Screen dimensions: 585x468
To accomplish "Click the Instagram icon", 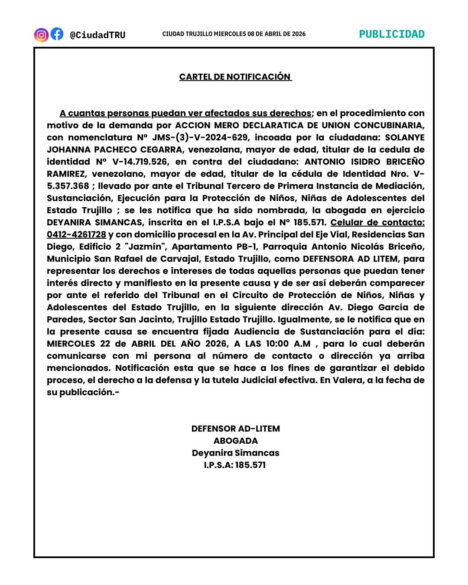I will (x=41, y=35).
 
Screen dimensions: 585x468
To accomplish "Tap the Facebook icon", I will (x=57, y=34).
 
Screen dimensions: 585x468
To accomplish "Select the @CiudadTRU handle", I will (x=97, y=35).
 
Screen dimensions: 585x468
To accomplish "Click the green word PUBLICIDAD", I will (x=392, y=34).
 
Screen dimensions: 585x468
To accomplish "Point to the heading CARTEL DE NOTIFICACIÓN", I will (x=235, y=77).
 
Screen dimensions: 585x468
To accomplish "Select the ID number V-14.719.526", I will (x=140, y=162).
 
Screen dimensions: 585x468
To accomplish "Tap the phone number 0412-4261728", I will (x=77, y=234).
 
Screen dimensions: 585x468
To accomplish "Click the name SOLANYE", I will (x=405, y=137).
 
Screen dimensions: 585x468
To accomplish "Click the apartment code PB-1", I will (x=247, y=247).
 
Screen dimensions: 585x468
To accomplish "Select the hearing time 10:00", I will (x=277, y=344).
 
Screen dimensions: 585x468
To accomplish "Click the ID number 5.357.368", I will (x=68, y=186).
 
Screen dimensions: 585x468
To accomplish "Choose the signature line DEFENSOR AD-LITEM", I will (x=236, y=429).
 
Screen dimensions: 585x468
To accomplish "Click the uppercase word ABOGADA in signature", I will (x=236, y=441).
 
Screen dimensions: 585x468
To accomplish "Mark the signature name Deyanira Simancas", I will (x=236, y=453).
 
